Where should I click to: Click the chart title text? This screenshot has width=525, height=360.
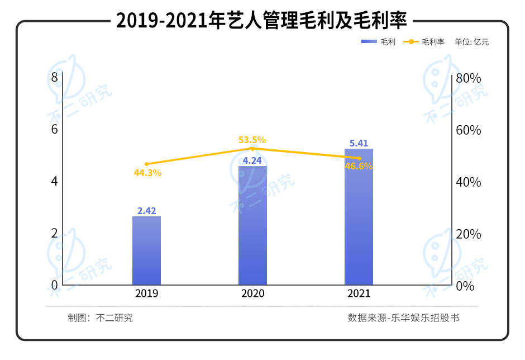pos(262,21)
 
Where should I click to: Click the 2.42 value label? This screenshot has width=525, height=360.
pos(146,211)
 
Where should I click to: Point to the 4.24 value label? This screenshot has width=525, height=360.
pos(252,161)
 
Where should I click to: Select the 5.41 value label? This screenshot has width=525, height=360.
pos(359,143)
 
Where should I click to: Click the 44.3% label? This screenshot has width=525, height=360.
pos(147,173)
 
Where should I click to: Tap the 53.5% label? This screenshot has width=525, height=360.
pos(252,140)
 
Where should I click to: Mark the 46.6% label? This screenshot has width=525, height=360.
pos(359,166)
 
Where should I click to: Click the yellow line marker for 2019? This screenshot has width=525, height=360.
pos(146,164)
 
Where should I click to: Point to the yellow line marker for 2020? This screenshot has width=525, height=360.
pos(252,149)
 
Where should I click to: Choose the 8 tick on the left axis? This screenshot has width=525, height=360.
pos(54,78)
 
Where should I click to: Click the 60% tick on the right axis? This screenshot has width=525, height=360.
pos(468,130)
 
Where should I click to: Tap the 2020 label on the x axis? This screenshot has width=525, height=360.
pos(252,293)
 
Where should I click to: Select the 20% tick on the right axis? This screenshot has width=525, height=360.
pos(468,234)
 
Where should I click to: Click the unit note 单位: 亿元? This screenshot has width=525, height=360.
pos(472,42)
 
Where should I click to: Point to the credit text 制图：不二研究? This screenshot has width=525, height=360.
pos(101,318)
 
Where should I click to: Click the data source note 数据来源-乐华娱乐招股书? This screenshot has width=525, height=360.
pos(403,318)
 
